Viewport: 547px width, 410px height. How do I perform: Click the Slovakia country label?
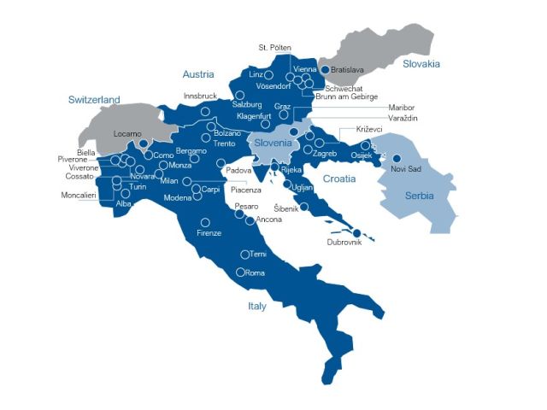[421, 63]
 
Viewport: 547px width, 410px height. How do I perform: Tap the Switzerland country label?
[94, 100]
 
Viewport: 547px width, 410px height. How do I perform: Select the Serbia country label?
[420, 196]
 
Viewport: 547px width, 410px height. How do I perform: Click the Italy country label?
[256, 306]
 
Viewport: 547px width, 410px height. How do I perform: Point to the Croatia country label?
[339, 178]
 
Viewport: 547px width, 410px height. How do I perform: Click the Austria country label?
[197, 74]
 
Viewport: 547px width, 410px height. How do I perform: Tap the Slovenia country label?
[274, 143]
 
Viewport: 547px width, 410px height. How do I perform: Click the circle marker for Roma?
[241, 272]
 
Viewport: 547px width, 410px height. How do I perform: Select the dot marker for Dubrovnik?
[355, 232]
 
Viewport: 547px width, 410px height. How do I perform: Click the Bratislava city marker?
[325, 69]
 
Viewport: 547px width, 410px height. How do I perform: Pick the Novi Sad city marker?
[396, 158]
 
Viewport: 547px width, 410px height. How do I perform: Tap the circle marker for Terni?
[244, 254]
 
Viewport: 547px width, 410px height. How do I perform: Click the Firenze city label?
[209, 233]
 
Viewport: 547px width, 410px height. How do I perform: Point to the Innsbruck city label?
[201, 97]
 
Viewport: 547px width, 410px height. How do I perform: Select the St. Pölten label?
[274, 47]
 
